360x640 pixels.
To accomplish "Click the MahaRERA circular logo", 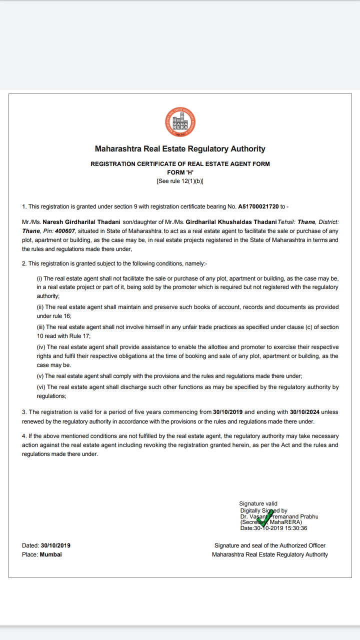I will (x=180, y=122).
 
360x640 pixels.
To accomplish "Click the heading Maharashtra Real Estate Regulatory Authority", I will (x=180, y=149).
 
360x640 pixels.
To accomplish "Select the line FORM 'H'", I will (x=180, y=172).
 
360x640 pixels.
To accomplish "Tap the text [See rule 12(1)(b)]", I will (x=180, y=181).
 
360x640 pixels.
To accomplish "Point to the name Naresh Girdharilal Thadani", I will (x=82, y=222).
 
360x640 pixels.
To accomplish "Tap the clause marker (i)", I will (x=40, y=278).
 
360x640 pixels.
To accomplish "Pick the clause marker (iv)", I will (x=40, y=347).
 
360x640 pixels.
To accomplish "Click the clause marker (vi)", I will (x=40, y=387).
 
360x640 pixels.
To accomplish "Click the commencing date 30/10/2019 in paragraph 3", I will (x=227, y=412).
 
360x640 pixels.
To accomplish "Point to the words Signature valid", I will (x=258, y=503).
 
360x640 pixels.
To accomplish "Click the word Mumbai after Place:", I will (x=51, y=554).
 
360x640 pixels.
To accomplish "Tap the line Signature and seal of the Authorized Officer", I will (x=270, y=545).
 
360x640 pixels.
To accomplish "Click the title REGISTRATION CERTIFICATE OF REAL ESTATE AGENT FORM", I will (x=180, y=164).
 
